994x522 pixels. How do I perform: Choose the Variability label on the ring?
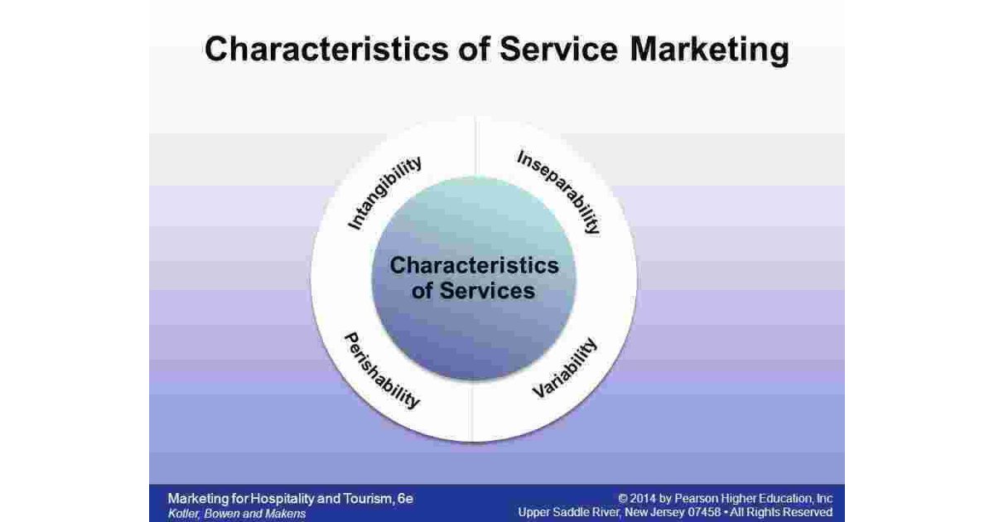(564, 367)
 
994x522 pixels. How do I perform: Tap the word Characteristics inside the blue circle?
(475, 266)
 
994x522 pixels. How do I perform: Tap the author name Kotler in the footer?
(184, 513)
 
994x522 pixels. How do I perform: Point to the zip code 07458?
(737, 513)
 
